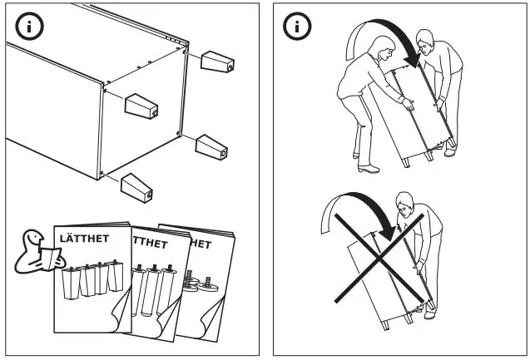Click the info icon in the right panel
[x=295, y=26]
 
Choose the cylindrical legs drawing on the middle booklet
[x=153, y=291]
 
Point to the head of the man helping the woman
[x=425, y=39]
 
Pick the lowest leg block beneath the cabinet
[x=136, y=186]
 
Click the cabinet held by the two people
[x=408, y=116]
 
